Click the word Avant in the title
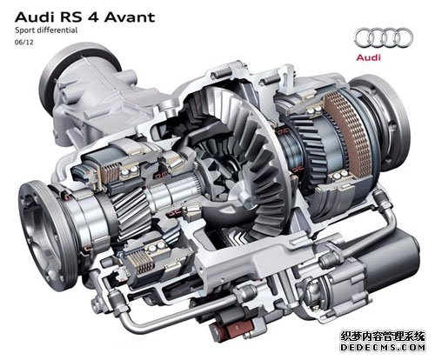[130, 17]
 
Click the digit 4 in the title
[93, 17]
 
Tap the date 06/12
[24, 43]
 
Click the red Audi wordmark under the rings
[368, 57]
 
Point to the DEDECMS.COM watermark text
[383, 348]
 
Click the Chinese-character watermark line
[383, 337]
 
